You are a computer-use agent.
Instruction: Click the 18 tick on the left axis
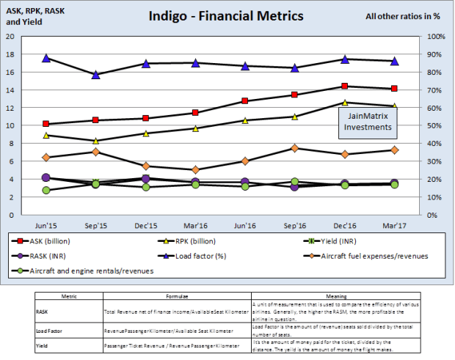tap(10, 54)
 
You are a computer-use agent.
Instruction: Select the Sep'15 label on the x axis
tap(95, 227)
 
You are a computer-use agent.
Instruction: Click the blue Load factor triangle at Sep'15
tap(95, 75)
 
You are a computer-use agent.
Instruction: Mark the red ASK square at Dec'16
tap(344, 87)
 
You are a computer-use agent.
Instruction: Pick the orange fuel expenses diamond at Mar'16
tap(195, 169)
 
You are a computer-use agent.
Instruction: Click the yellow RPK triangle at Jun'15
tap(46, 136)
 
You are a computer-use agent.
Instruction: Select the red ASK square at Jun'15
tap(46, 124)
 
